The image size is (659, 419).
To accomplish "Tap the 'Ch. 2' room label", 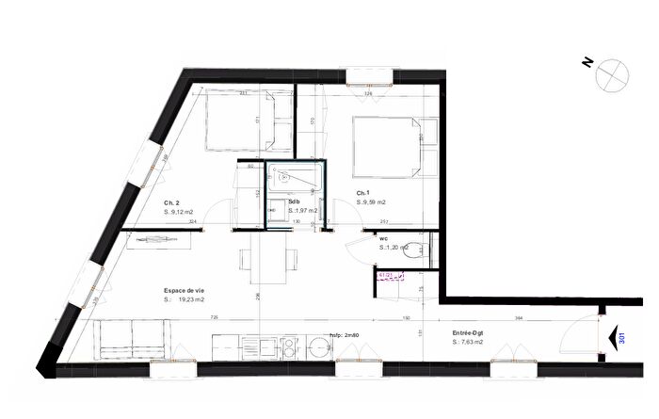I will pos(171,203).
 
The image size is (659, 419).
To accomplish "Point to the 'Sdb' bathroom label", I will pos(295,202).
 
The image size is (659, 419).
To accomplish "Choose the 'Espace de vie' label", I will pos(185,289).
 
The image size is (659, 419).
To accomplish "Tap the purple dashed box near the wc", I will pos(390,276).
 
